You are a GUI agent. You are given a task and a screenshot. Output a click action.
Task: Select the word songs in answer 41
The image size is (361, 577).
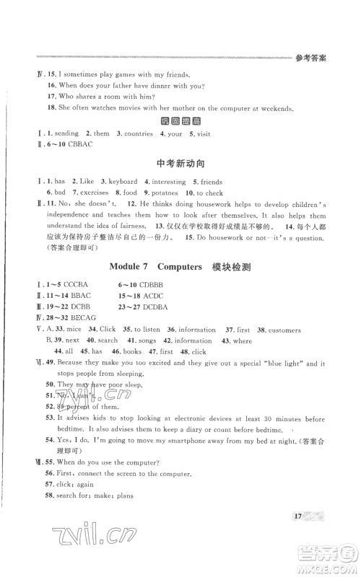[x=149, y=340]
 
